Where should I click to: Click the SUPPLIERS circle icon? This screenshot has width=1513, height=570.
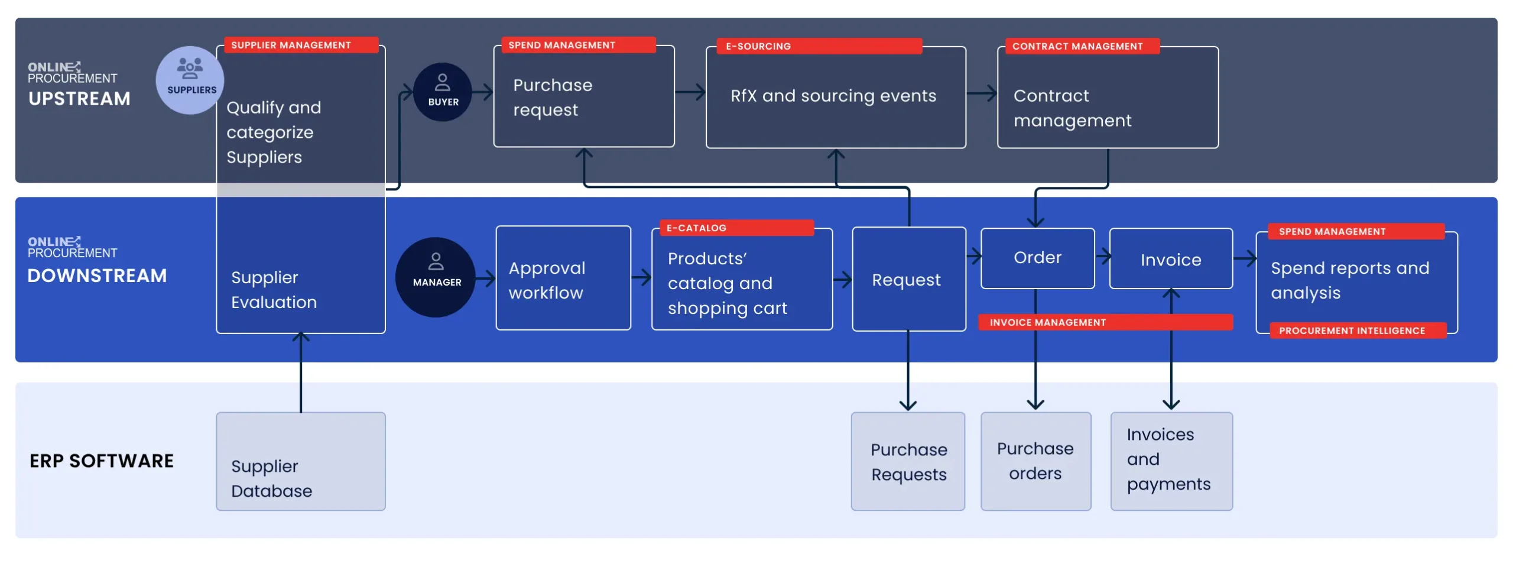point(189,80)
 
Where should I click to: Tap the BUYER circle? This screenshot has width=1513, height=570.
point(442,92)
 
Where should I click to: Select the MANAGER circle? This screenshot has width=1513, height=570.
point(436,277)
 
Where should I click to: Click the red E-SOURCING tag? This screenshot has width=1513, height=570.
point(818,46)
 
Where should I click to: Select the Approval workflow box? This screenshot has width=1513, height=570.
point(563,278)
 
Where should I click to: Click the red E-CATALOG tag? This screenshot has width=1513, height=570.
point(736,228)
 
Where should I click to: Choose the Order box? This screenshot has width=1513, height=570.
point(1037,258)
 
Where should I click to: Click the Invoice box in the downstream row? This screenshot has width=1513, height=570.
point(1170,259)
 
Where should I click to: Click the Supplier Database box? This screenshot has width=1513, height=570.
point(300,462)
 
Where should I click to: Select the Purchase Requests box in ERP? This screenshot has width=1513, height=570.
point(908,462)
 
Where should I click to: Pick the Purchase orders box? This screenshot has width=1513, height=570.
point(1035,462)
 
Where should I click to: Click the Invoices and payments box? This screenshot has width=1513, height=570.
point(1171,462)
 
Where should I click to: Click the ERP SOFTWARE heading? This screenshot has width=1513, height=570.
point(102,461)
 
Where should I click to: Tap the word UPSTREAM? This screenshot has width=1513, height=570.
point(79,99)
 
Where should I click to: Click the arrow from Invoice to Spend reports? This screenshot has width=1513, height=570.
point(1244,258)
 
